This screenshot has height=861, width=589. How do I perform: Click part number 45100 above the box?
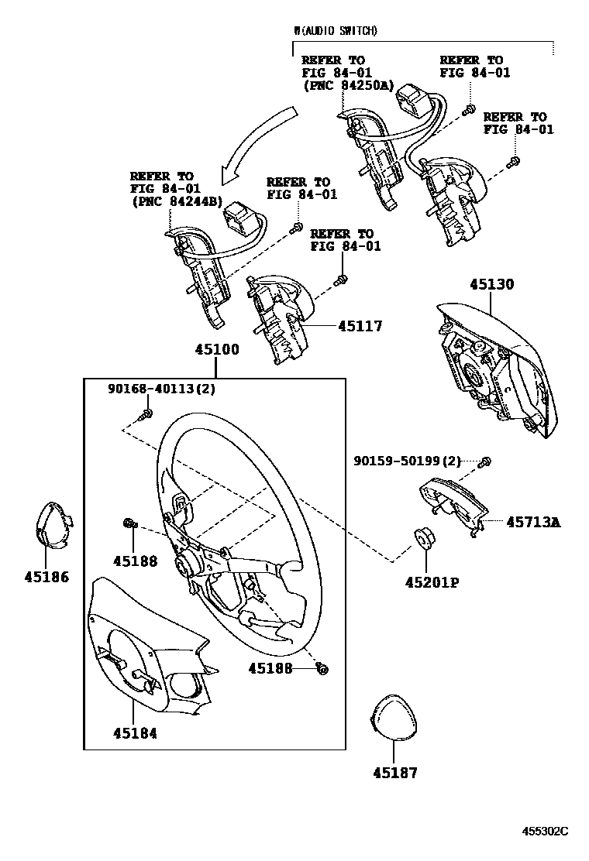click(216, 349)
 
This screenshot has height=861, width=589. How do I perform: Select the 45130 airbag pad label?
click(491, 284)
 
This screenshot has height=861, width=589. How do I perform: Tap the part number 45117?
click(360, 327)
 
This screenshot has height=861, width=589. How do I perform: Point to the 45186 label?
click(46, 576)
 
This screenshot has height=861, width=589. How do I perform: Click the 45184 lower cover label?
click(134, 732)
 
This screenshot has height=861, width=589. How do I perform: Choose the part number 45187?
click(394, 772)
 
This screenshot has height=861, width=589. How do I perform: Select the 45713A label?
click(533, 522)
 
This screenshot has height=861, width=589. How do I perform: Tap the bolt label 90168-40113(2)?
click(161, 389)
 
